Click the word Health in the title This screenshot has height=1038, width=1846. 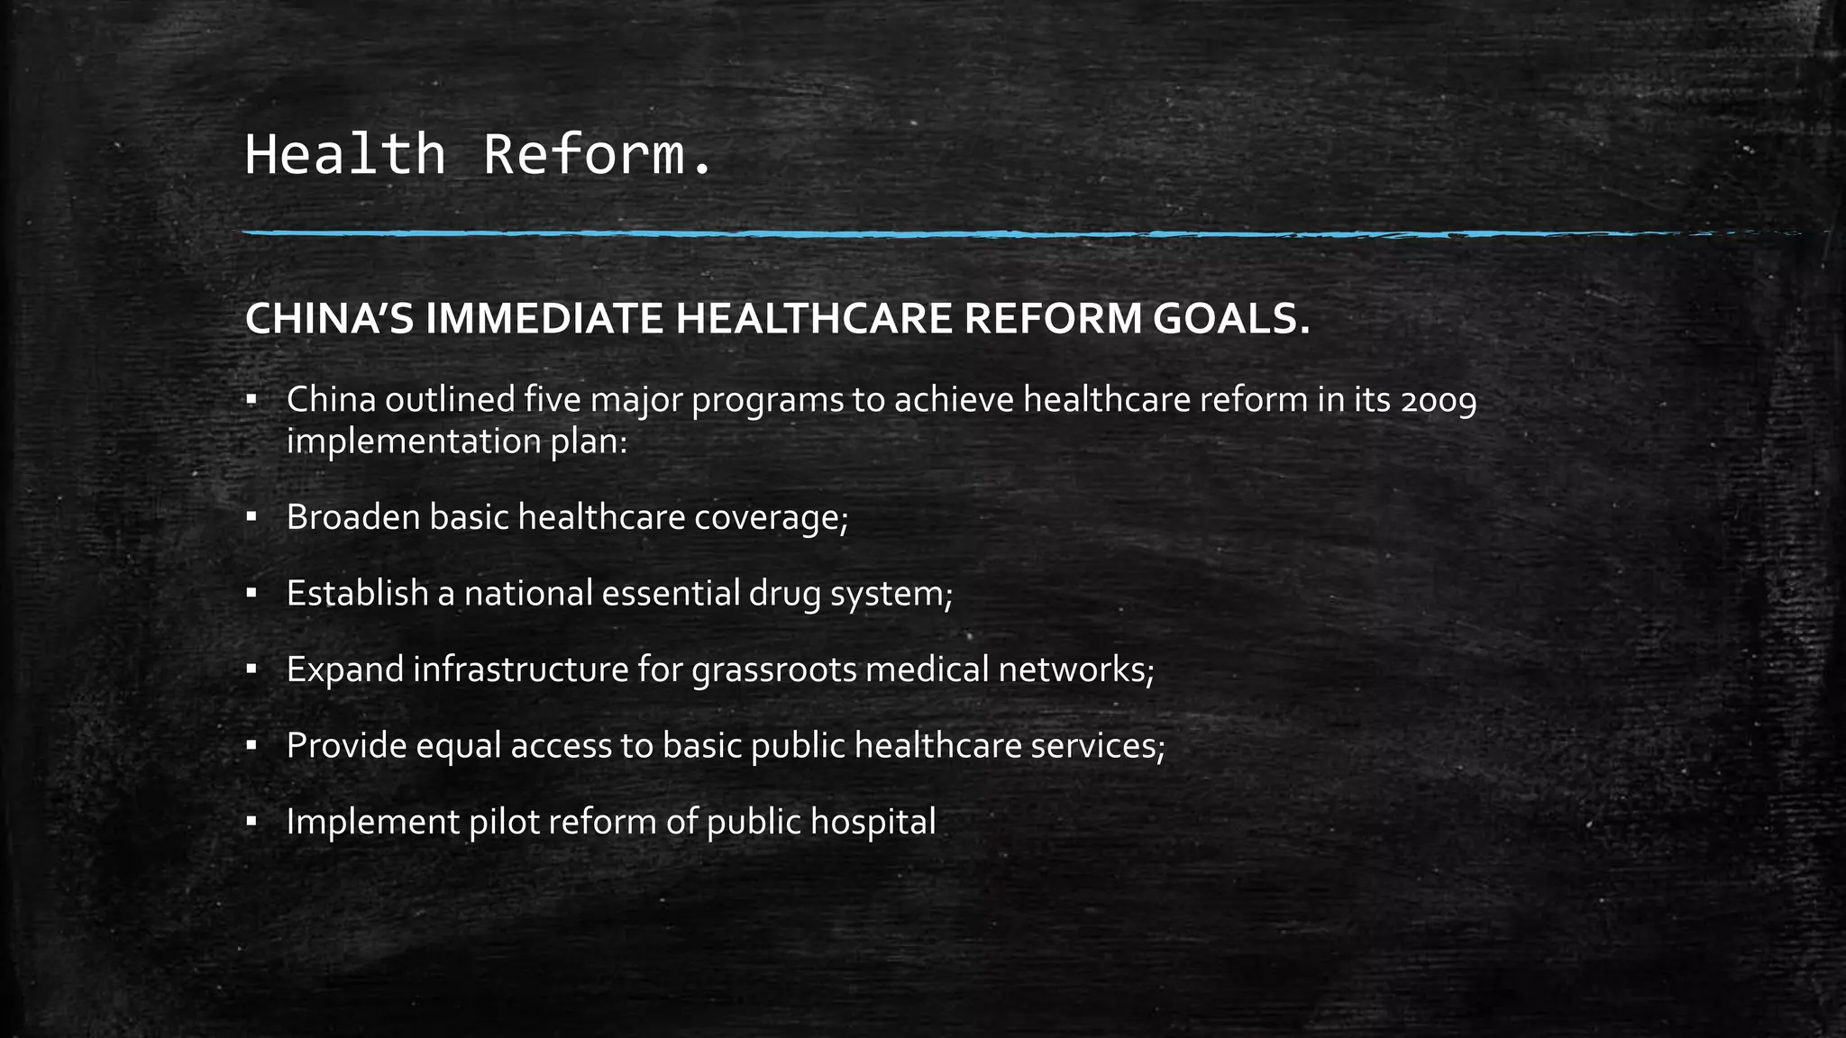345,154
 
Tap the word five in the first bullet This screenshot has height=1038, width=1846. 552,399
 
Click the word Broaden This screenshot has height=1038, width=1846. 352,517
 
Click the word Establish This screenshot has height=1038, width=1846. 357,593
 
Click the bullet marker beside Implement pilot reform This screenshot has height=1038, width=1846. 251,822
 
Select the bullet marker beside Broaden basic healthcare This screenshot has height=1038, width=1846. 251,517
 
